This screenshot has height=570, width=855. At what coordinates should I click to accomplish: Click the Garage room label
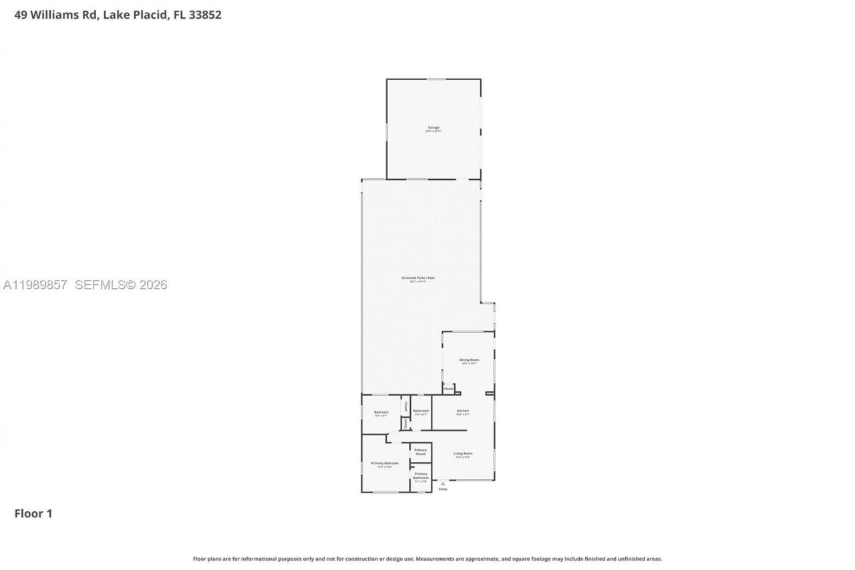click(434, 128)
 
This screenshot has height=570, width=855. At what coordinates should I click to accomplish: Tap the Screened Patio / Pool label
click(413, 278)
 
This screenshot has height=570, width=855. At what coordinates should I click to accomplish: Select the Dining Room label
click(469, 360)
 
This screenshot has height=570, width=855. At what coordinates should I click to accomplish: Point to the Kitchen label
click(463, 411)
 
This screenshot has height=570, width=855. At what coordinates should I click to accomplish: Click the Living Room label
click(463, 454)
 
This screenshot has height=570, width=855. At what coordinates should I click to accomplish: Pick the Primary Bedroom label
click(385, 464)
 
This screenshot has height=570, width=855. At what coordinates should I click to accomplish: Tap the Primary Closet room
click(420, 452)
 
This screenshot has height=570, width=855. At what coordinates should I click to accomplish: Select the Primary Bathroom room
click(420, 476)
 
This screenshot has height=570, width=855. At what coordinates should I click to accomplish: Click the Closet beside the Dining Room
click(448, 388)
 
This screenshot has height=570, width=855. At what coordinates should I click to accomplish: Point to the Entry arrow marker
click(443, 483)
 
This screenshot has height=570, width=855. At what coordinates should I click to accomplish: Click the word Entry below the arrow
click(443, 489)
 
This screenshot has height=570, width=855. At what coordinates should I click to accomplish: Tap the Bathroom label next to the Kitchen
click(421, 412)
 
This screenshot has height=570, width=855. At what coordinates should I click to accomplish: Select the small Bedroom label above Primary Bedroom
click(381, 412)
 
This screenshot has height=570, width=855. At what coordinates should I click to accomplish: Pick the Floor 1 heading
click(33, 513)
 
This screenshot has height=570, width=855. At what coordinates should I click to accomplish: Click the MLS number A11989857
click(35, 285)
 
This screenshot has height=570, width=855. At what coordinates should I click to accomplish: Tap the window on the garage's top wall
click(436, 80)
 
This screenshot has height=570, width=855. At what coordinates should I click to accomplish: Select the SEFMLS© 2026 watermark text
click(121, 285)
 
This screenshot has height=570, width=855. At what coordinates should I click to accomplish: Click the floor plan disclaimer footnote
click(427, 559)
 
